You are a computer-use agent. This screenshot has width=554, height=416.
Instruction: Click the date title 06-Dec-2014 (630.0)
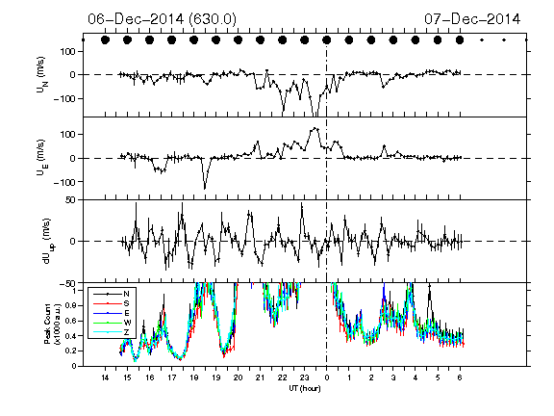pyautogui.click(x=163, y=18)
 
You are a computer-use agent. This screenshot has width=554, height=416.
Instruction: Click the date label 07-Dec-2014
pyautogui.click(x=472, y=18)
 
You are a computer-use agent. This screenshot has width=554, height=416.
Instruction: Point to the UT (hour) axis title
pyautogui.click(x=305, y=388)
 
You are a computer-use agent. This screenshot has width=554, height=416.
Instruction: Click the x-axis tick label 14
pyautogui.click(x=105, y=377)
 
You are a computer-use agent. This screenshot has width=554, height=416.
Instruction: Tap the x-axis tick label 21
pyautogui.click(x=260, y=377)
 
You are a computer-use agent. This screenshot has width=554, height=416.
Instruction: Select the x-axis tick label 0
pyautogui.click(x=326, y=377)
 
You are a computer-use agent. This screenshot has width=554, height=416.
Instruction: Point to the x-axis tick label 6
pyautogui.click(x=460, y=377)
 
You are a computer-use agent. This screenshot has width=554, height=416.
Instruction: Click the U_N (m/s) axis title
pyautogui.click(x=42, y=75)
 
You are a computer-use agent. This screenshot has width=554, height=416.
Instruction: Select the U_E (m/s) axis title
pyautogui.click(x=42, y=158)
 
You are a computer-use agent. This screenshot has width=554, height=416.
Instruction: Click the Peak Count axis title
pyautogui.click(x=51, y=324)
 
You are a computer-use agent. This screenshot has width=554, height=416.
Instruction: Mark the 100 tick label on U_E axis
pyautogui.click(x=69, y=135)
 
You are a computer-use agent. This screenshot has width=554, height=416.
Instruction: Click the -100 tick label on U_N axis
pyautogui.click(x=65, y=98)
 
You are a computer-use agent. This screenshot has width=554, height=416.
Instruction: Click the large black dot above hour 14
pyautogui.click(x=105, y=40)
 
